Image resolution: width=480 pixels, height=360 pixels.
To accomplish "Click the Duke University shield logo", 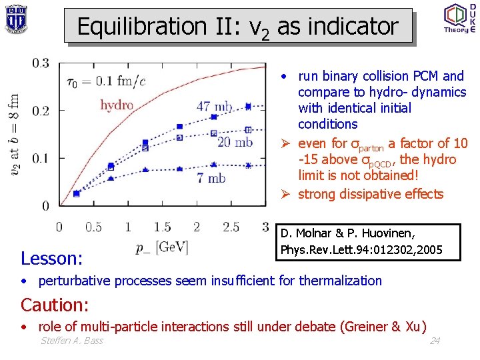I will click(x=16, y=19).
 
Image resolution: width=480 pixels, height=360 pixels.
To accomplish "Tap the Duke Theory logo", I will click(x=459, y=18).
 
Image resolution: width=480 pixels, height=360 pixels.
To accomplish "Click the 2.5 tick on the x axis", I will click(x=231, y=227).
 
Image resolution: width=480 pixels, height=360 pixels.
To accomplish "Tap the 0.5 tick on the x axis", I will click(x=93, y=227).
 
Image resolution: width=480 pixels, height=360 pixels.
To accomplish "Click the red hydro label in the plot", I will click(x=117, y=105).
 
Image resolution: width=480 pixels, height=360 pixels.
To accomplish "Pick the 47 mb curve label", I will click(x=215, y=107).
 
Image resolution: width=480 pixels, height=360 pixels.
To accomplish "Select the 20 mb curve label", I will click(x=235, y=142).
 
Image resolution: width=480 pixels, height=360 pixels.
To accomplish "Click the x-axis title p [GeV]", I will click(x=162, y=248).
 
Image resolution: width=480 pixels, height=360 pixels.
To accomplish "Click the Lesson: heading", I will click(x=52, y=258).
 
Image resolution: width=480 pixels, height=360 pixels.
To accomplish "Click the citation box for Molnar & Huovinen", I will click(x=369, y=242).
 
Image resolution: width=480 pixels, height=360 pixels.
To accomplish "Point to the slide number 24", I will click(x=435, y=341).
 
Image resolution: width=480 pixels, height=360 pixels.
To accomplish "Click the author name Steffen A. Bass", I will click(x=71, y=341).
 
